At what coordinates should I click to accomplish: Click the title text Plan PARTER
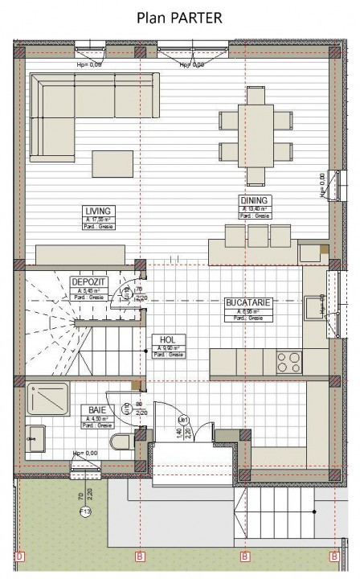pyautogui.click(x=179, y=18)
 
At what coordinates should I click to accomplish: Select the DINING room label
pyautogui.click(x=255, y=200)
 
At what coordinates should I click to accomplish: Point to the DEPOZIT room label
pyautogui.click(x=87, y=283)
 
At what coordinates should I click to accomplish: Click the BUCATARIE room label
pyautogui.click(x=248, y=303)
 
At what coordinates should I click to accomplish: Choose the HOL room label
pyautogui.click(x=168, y=340)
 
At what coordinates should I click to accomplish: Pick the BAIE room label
pyautogui.click(x=96, y=409)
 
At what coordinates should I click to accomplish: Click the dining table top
pyautogui.click(x=256, y=134)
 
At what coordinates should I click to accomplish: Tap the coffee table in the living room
pyautogui.click(x=112, y=163)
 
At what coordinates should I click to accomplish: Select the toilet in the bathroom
pyautogui.click(x=123, y=441)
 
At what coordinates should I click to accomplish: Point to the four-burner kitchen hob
pyautogui.click(x=289, y=363)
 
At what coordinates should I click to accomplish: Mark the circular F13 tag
pyautogui.click(x=85, y=511)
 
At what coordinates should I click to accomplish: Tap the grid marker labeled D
pyautogui.click(x=20, y=556)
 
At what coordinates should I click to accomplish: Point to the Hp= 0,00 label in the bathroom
pyautogui.click(x=85, y=453)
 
